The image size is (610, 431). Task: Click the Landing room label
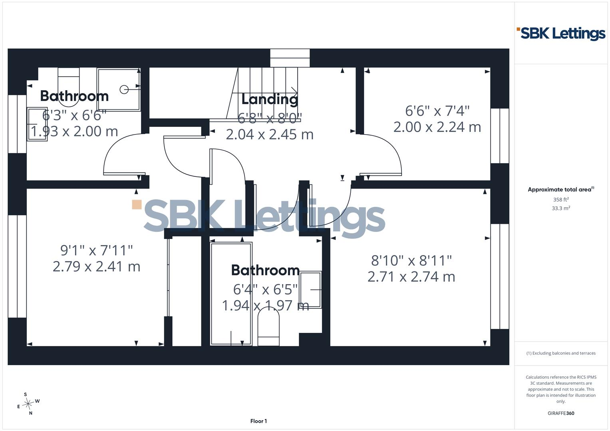click(270, 100)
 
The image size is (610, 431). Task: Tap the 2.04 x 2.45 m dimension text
click(270, 134)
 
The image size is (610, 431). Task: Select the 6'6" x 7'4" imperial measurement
click(437, 111)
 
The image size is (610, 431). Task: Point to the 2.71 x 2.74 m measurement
click(411, 277)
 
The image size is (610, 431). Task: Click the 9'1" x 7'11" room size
click(96, 250)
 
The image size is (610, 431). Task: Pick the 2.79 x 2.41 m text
click(96, 267)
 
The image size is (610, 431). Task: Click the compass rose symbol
click(28, 404)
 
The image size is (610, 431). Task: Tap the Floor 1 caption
click(258, 421)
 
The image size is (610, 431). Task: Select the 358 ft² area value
click(561, 200)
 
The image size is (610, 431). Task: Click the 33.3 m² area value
click(561, 208)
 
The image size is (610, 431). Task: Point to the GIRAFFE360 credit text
click(561, 413)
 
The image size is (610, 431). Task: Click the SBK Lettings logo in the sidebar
click(561, 34)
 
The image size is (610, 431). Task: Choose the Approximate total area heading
click(561, 190)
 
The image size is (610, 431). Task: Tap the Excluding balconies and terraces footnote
click(561, 353)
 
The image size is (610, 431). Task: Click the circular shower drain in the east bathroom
click(124, 89)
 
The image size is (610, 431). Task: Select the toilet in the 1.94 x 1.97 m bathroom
click(268, 326)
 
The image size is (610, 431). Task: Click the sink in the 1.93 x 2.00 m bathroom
click(37, 124)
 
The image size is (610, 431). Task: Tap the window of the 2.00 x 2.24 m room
click(500, 136)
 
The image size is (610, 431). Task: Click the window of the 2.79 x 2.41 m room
click(17, 267)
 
